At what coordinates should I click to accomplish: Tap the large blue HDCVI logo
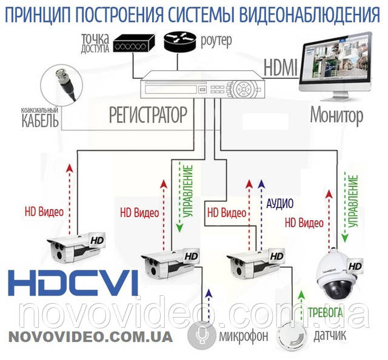pyautogui.click(x=74, y=283)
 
